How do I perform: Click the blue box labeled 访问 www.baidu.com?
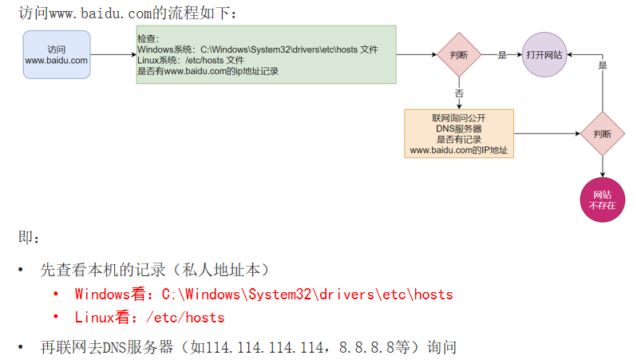(56, 54)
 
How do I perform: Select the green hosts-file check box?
(266, 54)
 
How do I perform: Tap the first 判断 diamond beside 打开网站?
(459, 54)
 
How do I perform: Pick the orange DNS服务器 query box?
(459, 133)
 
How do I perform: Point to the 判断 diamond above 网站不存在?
(603, 133)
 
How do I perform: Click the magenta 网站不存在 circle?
(603, 200)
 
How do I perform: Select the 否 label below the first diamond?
(459, 93)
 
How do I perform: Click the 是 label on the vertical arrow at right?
(603, 65)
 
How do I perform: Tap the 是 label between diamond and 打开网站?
(502, 54)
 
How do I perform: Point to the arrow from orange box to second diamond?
(547, 133)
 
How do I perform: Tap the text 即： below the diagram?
(29, 237)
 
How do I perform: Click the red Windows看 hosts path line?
(263, 294)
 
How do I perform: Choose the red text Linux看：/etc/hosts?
(149, 317)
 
